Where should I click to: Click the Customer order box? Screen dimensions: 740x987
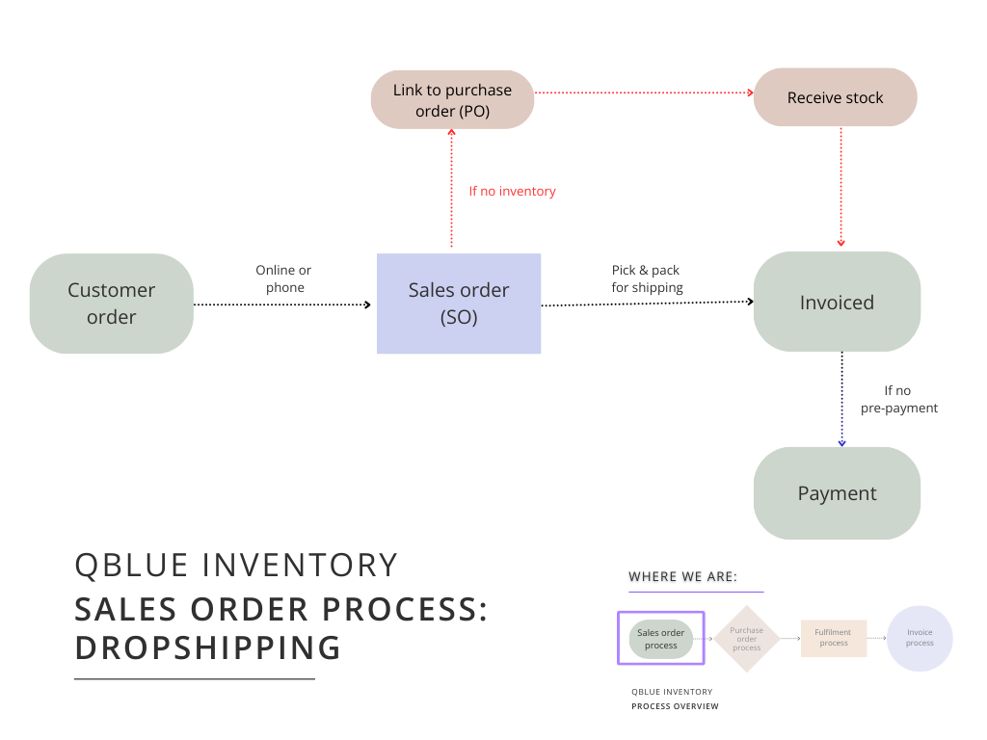point(111,304)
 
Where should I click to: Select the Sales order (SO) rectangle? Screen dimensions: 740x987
point(459,304)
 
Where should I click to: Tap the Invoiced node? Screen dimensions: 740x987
point(837,303)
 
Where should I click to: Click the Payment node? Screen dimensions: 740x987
point(837,493)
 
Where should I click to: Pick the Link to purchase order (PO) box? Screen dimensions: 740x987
point(452,100)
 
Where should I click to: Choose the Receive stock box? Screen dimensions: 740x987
point(835,97)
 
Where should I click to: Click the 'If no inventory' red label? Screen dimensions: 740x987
point(512,192)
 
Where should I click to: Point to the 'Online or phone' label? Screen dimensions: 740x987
point(283,279)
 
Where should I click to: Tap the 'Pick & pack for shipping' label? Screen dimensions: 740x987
point(647,279)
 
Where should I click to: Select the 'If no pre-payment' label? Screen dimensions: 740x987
point(898,399)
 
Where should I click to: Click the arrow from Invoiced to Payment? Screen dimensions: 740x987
point(841,399)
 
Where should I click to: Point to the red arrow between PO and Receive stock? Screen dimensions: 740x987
point(643,92)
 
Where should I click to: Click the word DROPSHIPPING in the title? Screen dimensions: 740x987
point(207,647)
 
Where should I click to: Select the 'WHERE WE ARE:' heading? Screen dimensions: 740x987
point(682,577)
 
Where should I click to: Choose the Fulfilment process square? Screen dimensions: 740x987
point(834,638)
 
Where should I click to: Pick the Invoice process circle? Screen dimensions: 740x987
point(920,638)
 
